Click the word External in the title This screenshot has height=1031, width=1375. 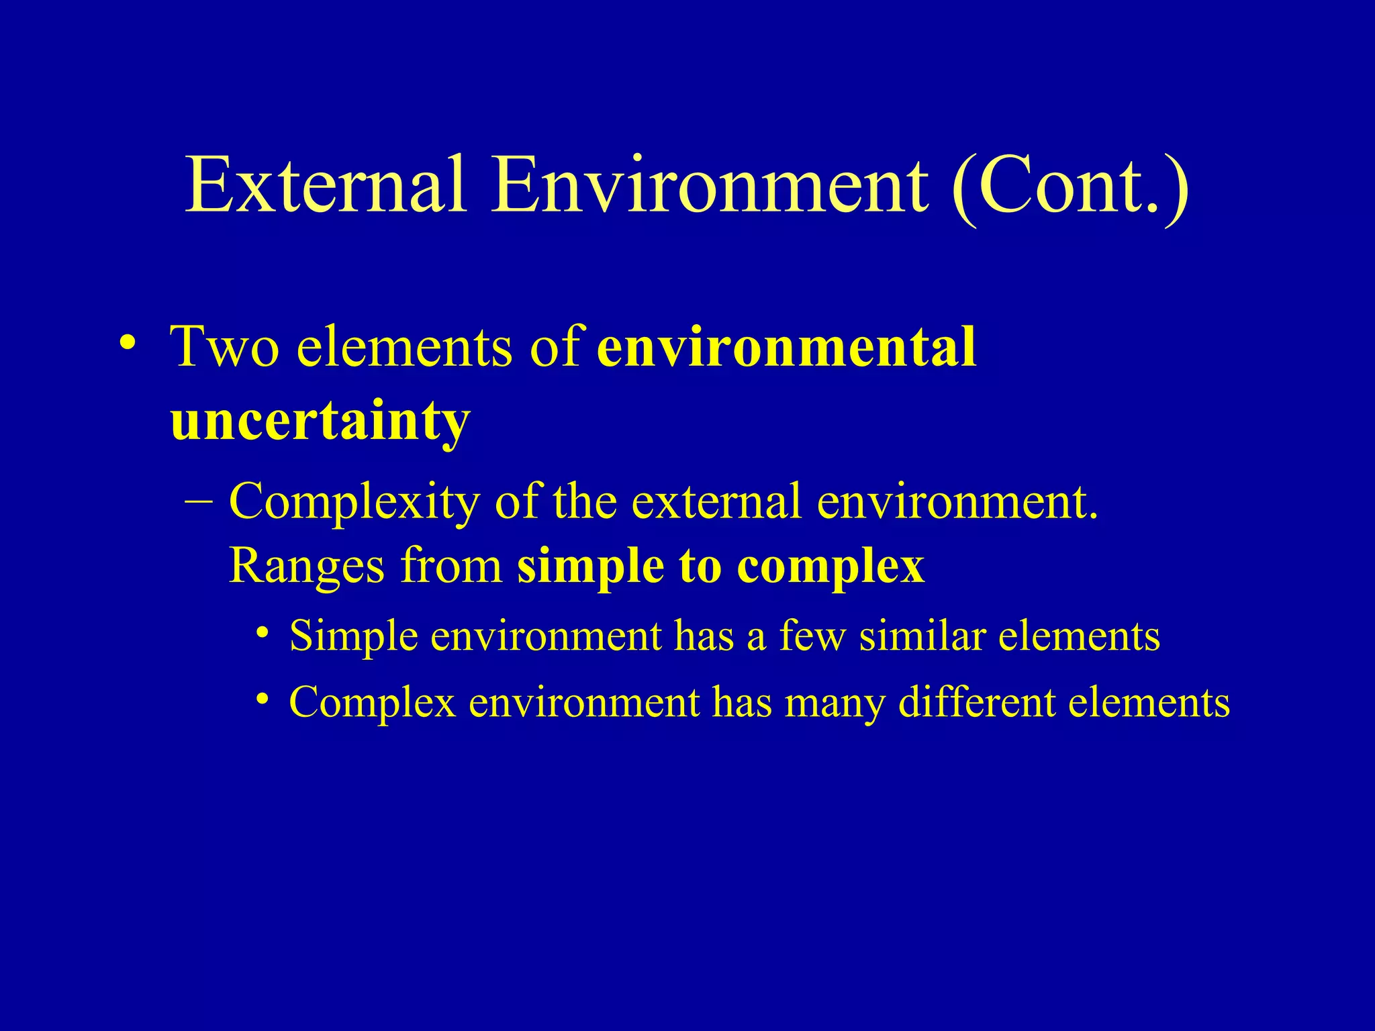tap(326, 185)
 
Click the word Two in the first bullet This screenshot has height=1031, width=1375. tap(225, 347)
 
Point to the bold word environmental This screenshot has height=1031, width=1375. tap(786, 347)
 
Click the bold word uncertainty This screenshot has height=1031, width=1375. tap(320, 421)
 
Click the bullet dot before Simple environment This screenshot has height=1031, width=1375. tap(263, 633)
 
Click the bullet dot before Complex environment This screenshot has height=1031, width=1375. tap(263, 699)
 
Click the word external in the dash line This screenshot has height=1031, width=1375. tap(716, 502)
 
